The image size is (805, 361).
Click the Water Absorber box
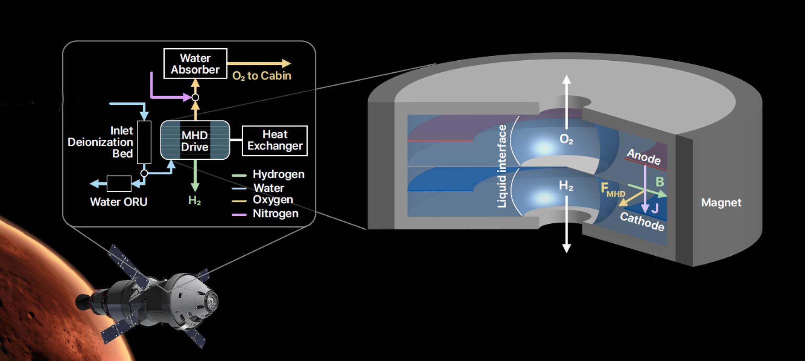pos(195,64)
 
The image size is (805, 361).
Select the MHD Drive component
pos(195,140)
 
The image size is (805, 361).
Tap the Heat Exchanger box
pos(275,141)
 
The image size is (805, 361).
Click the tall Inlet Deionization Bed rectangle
pos(144,142)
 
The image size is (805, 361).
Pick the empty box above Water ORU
pos(119,183)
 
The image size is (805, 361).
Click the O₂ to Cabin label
pos(262,76)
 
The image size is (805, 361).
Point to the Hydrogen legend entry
pos(278,174)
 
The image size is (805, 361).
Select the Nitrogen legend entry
pos(275,214)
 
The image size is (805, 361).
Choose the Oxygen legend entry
pos(273,200)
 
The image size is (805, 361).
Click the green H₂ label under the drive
pos(194,201)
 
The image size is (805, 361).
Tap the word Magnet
pos(721,203)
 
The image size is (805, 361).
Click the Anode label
pos(643,156)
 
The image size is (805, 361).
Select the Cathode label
pos(642,221)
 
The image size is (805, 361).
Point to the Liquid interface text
pos(502,166)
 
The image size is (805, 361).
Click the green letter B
pos(659,182)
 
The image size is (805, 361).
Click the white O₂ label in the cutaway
pos(566,139)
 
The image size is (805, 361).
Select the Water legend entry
pos(269,188)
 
